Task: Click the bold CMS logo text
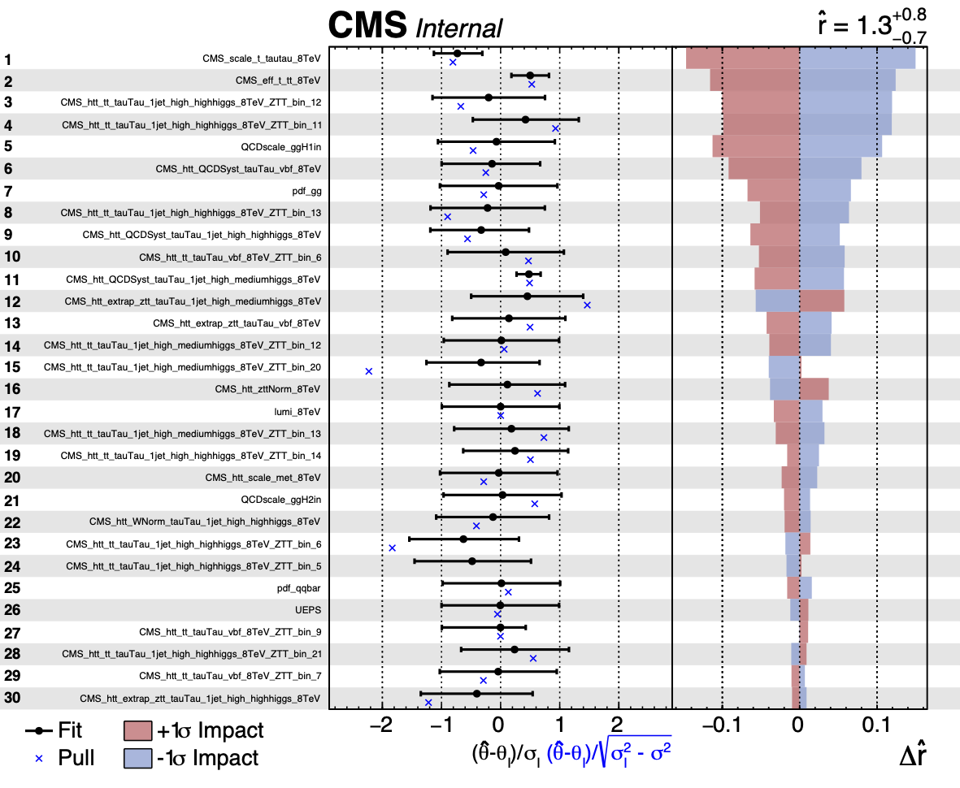point(367,25)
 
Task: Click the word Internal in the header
point(459,28)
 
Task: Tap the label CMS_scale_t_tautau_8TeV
point(261,59)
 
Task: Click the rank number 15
point(13,368)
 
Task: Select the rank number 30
point(13,698)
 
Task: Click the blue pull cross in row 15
point(368,371)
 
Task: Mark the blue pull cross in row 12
point(587,305)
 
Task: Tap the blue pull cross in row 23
point(392,548)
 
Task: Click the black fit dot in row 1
point(457,54)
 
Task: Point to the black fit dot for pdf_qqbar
point(501,583)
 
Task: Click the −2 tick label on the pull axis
point(378,724)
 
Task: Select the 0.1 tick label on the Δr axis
point(876,724)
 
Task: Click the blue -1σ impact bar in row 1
point(858,58)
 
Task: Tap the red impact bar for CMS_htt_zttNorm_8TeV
point(814,389)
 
